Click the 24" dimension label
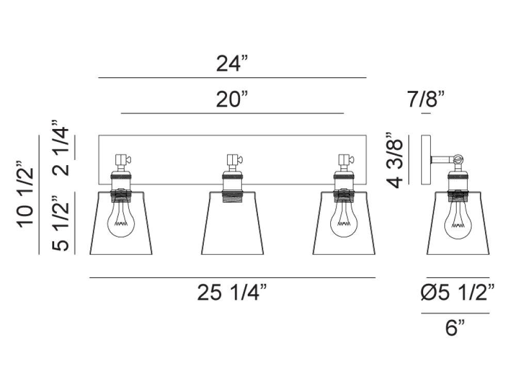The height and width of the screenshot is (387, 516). [232, 63]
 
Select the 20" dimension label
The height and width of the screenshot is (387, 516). [232, 99]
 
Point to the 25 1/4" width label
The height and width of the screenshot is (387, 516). [232, 292]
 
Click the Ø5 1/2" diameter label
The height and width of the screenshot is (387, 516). [458, 292]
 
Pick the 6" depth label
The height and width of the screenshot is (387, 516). [455, 328]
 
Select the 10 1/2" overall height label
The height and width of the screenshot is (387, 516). [26, 195]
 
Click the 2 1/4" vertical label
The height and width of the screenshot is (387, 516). [60, 148]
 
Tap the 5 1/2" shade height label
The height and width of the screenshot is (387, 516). [60, 223]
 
